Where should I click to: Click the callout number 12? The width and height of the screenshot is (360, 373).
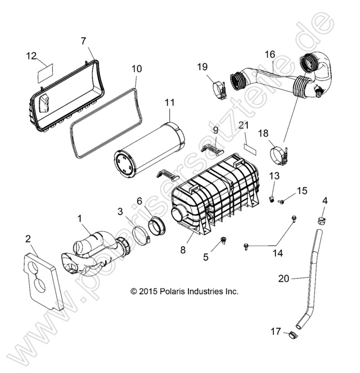pyautogui.click(x=32, y=55)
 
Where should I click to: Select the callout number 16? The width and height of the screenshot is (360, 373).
pyautogui.click(x=269, y=54)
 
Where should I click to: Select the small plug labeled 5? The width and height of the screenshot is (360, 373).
pyautogui.click(x=224, y=240)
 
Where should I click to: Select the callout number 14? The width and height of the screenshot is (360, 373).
pyautogui.click(x=277, y=253)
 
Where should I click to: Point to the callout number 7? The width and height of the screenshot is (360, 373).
pyautogui.click(x=83, y=41)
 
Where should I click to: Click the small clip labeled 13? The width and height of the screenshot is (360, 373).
pyautogui.click(x=273, y=198)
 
